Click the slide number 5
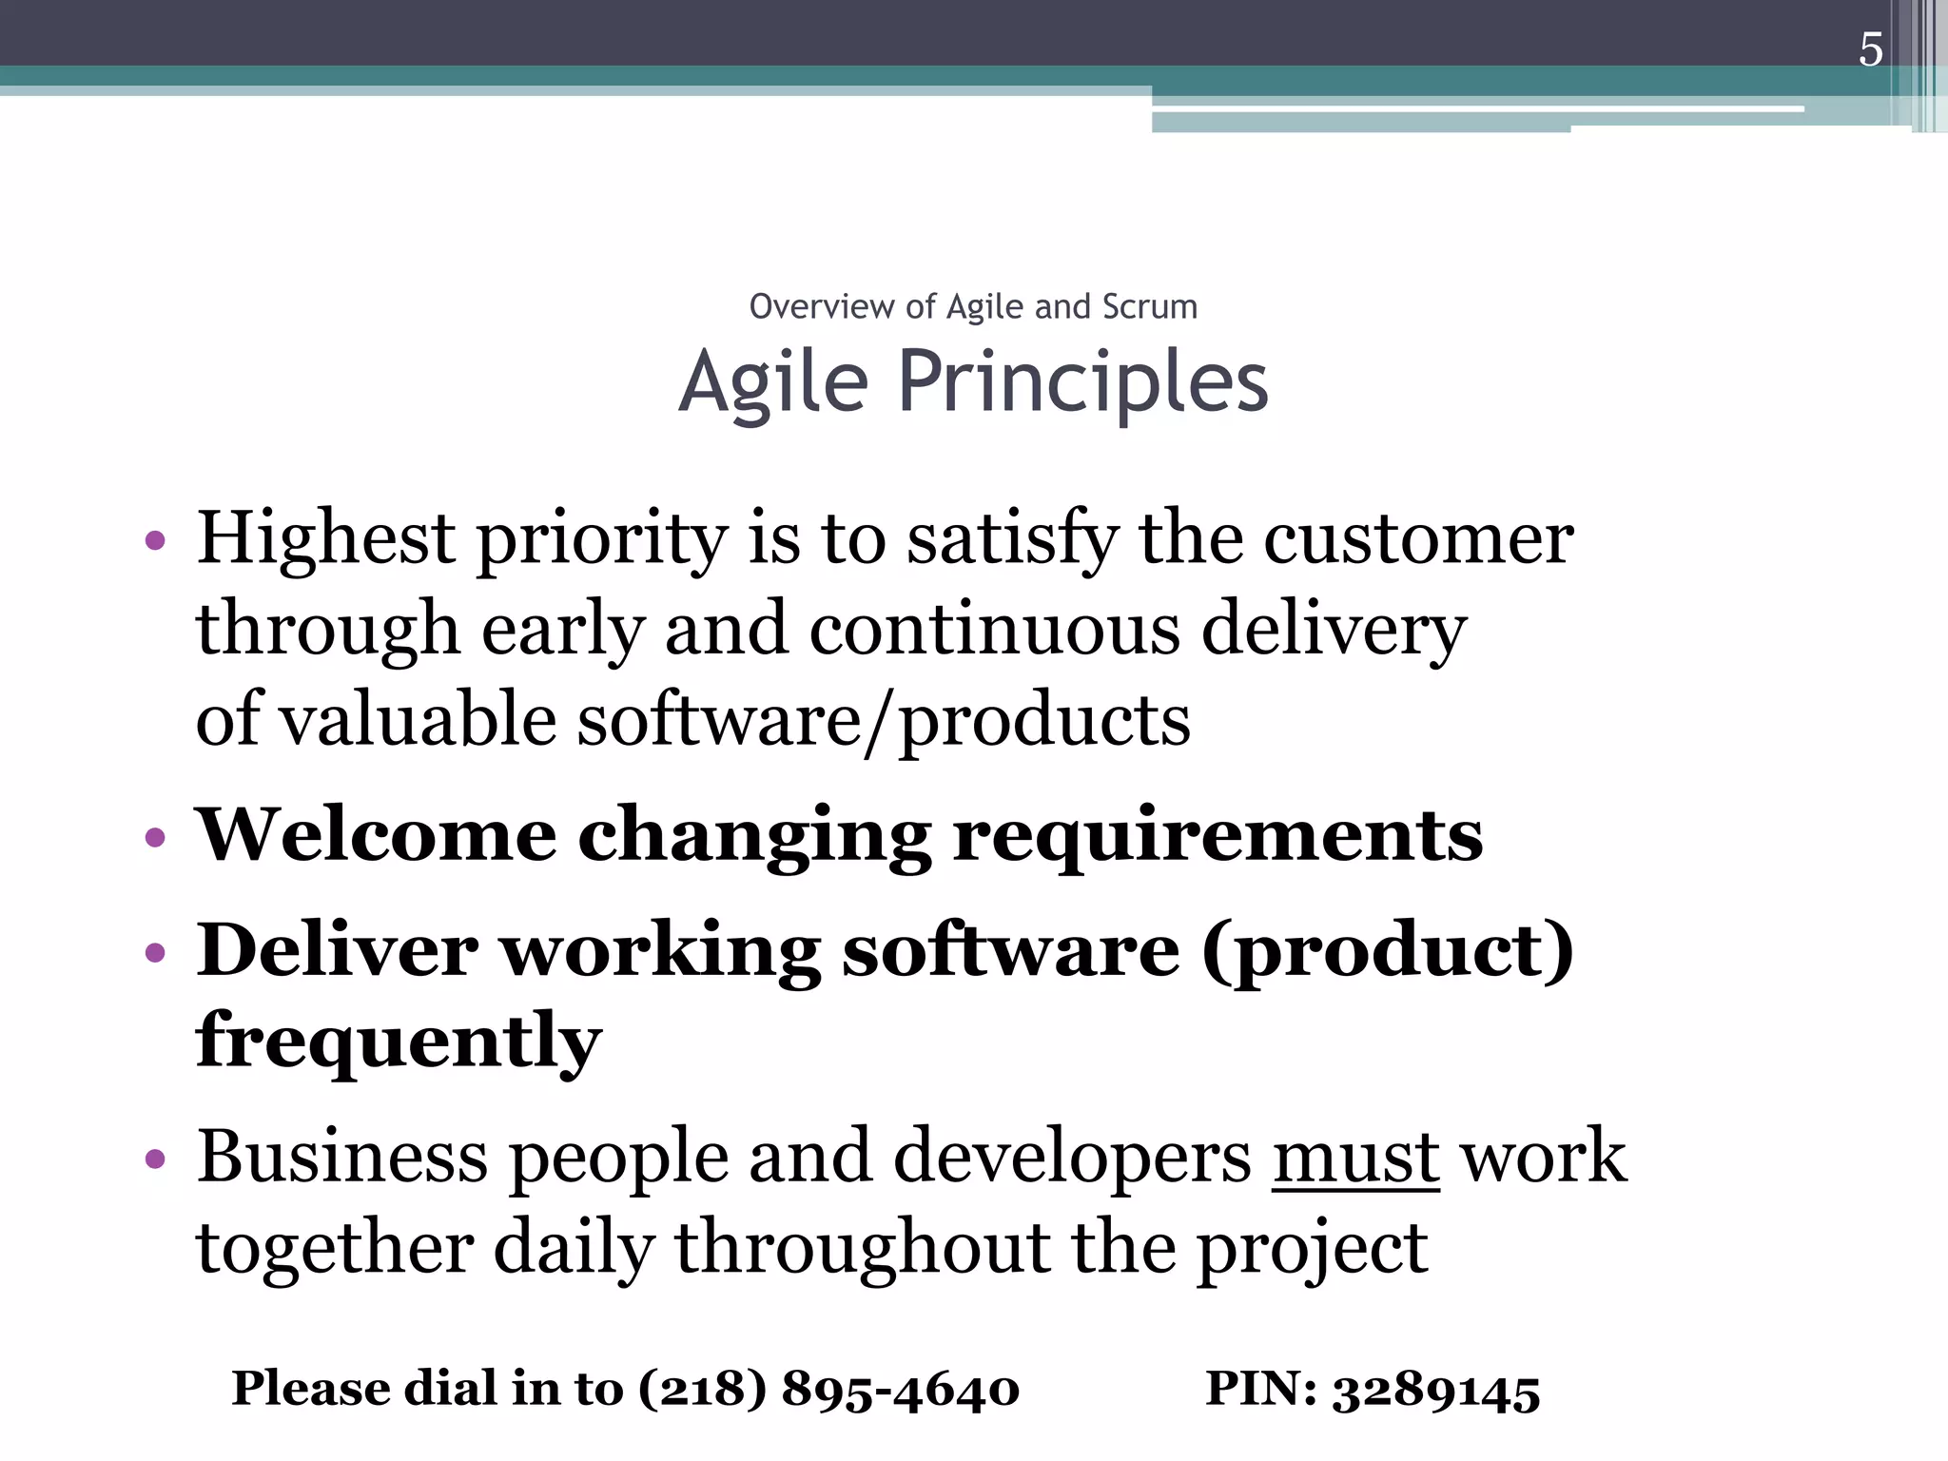pyautogui.click(x=1870, y=49)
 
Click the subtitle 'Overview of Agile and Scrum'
pyautogui.click(x=973, y=307)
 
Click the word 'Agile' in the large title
pyautogui.click(x=773, y=382)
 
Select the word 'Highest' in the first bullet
pyautogui.click(x=325, y=539)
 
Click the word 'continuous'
pyautogui.click(x=994, y=630)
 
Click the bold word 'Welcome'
pyautogui.click(x=376, y=834)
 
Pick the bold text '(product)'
pyautogui.click(x=1388, y=951)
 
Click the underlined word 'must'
pyautogui.click(x=1355, y=1157)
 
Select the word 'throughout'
pyautogui.click(x=863, y=1248)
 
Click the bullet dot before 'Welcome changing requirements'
pyautogui.click(x=156, y=838)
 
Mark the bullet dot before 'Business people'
pyautogui.click(x=156, y=1159)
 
